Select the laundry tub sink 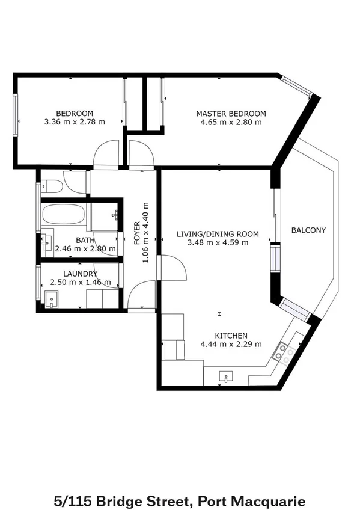[51, 299]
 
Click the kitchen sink [225, 378]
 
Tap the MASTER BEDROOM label [231, 114]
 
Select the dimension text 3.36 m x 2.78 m [75, 122]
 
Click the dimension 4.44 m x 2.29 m [231, 345]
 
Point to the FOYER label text [136, 232]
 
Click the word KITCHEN [231, 336]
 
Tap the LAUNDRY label [81, 274]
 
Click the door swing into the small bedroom [107, 152]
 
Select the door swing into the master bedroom [140, 152]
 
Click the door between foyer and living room [171, 268]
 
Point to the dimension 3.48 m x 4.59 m [217, 243]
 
